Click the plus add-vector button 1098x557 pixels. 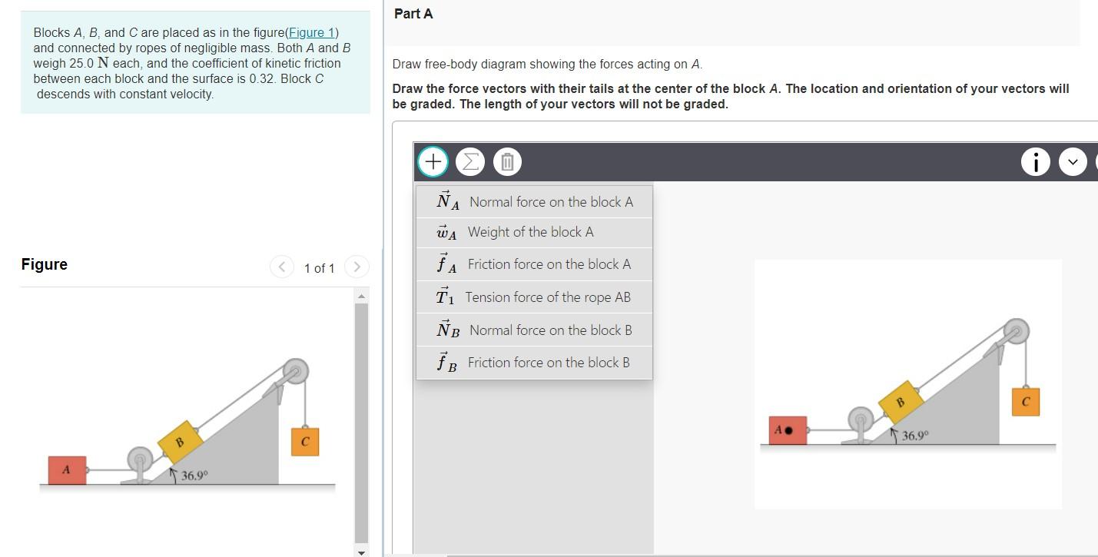[433, 161]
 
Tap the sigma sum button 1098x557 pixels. [469, 161]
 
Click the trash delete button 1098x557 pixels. [507, 161]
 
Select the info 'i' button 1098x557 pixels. [1035, 161]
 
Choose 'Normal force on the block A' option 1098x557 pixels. [534, 202]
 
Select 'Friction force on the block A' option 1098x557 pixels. [534, 264]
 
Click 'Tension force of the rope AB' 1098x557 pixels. [534, 297]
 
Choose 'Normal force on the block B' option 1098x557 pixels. [534, 330]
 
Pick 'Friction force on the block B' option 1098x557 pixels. [534, 363]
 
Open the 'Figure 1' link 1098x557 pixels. [310, 32]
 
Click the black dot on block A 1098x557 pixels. [789, 430]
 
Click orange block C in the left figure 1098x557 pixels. [305, 442]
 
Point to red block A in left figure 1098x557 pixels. [67, 469]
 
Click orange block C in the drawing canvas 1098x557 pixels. [1025, 402]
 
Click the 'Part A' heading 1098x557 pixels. [413, 14]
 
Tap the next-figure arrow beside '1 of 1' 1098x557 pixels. [357, 267]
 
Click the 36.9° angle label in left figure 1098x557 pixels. [194, 476]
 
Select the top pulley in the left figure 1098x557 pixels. [294, 371]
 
